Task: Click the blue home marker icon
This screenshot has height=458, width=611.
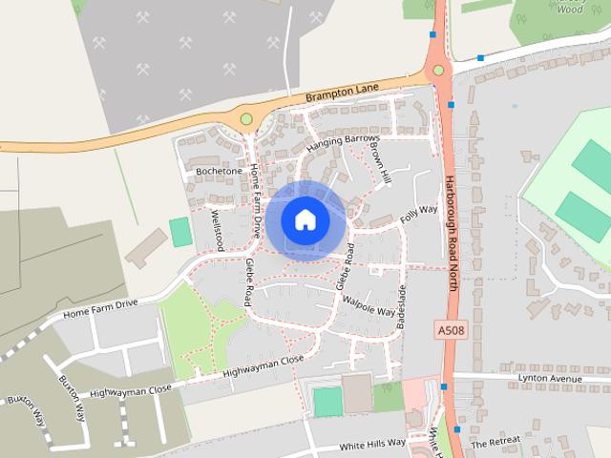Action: [x=305, y=220]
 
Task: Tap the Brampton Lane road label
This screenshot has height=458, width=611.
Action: [x=341, y=93]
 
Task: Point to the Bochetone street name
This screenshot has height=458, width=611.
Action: [x=219, y=171]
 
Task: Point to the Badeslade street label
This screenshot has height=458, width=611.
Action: [x=401, y=307]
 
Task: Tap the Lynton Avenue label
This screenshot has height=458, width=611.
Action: [x=549, y=379]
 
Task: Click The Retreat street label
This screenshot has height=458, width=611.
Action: [x=496, y=442]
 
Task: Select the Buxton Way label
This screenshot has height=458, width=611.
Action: [x=27, y=411]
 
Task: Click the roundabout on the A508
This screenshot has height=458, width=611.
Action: [x=438, y=70]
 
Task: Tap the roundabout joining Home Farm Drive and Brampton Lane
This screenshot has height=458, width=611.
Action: [x=246, y=119]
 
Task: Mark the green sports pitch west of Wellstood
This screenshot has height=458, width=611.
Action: [x=180, y=232]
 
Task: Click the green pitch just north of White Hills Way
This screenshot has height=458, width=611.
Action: [x=327, y=402]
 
